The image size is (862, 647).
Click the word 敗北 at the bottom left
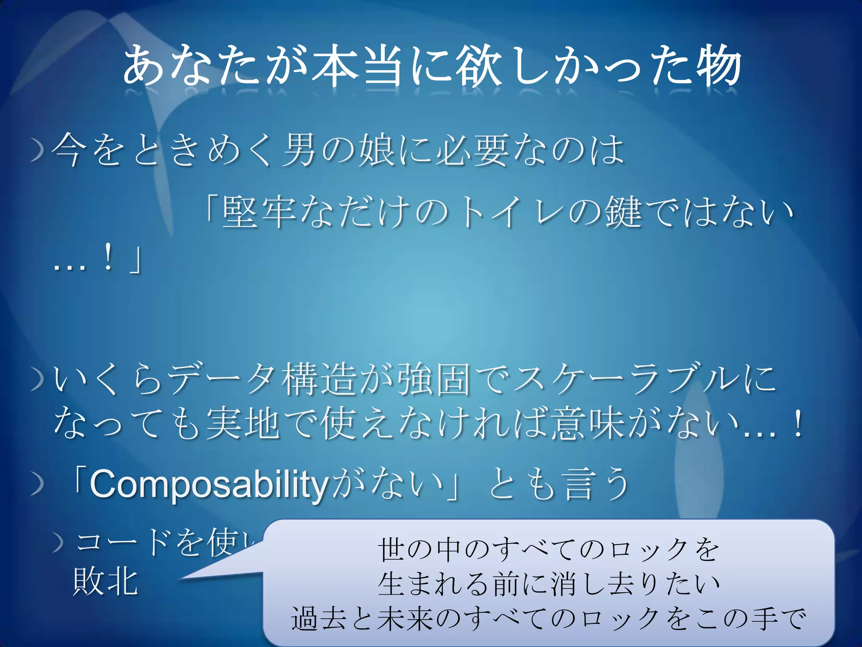pos(105,581)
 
